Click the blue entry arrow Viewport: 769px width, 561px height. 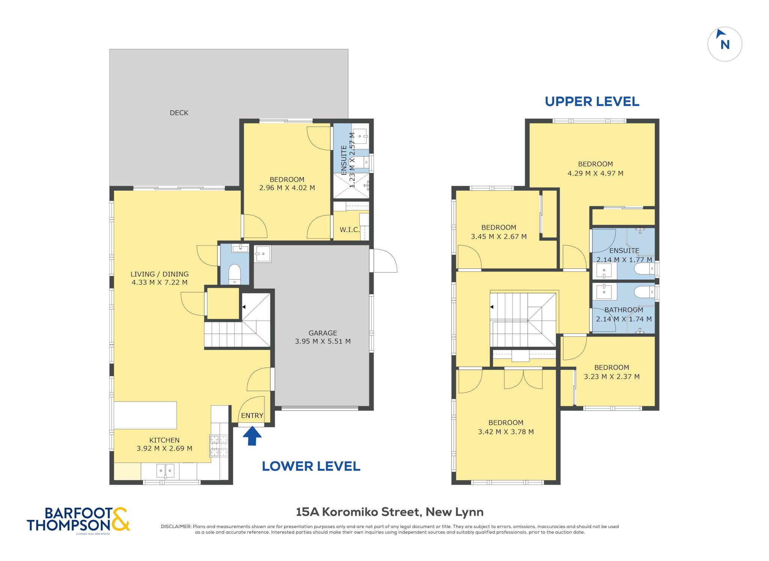(252, 436)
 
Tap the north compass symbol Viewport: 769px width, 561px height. (725, 44)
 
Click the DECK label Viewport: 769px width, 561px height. (179, 113)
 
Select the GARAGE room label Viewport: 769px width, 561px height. (323, 333)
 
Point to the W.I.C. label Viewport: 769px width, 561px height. (350, 229)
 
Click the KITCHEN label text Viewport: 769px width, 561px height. (164, 440)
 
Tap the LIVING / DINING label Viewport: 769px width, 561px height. (160, 274)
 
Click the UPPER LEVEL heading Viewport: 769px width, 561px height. (592, 101)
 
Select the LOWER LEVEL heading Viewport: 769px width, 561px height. (311, 466)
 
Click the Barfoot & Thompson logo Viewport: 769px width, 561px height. (78, 520)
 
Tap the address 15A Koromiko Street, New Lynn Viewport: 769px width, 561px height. (390, 512)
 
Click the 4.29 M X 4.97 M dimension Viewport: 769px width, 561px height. (596, 173)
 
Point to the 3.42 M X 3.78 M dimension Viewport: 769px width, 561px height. (506, 432)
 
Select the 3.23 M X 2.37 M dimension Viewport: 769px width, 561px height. (612, 377)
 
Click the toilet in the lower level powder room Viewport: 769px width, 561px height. (235, 273)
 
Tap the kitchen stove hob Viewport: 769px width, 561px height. (219, 445)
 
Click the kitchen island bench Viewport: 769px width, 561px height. (145, 415)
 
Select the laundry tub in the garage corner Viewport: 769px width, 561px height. (263, 254)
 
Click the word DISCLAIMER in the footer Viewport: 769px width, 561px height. (176, 526)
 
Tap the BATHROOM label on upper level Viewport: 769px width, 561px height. (624, 310)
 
